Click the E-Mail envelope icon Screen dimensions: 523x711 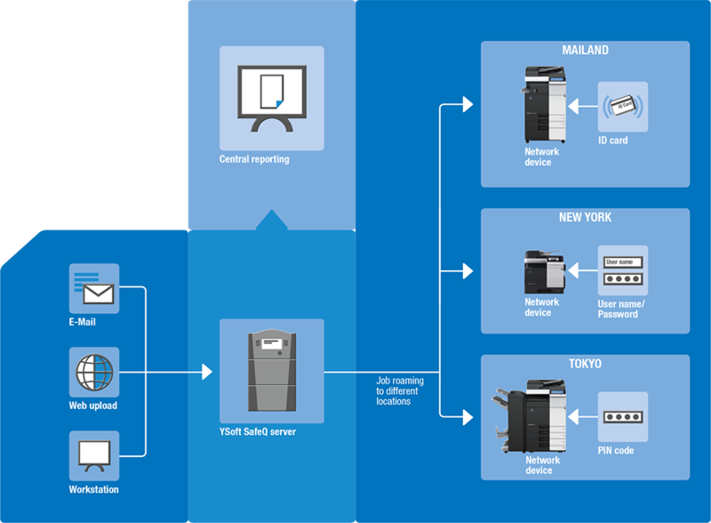tap(94, 287)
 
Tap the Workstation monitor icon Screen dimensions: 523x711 tap(94, 456)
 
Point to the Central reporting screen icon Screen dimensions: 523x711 tap(271, 99)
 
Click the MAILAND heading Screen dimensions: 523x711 tap(585, 51)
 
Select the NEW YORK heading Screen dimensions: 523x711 tap(585, 217)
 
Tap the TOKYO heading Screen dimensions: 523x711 tap(585, 364)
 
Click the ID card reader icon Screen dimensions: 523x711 tap(622, 108)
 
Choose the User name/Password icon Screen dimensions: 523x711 tap(622, 270)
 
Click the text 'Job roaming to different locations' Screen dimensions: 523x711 tap(399, 390)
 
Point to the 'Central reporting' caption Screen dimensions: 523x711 tap(254, 160)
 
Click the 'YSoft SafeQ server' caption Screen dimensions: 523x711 tap(258, 432)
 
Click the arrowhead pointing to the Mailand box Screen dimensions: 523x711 tap(468, 106)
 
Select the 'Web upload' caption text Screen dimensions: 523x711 tap(93, 406)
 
